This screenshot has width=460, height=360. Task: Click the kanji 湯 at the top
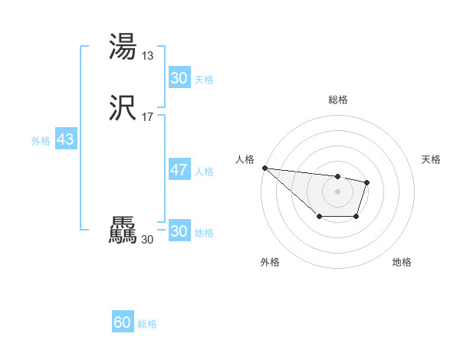[123, 47]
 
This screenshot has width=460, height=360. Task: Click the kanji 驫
[123, 231]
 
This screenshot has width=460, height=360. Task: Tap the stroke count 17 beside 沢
[148, 117]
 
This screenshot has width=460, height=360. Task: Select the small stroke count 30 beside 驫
[147, 239]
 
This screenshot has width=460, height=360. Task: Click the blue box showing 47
[179, 170]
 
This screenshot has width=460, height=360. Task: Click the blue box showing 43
[65, 140]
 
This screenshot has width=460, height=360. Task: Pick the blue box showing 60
[123, 322]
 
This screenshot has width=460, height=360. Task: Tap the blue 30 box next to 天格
[179, 78]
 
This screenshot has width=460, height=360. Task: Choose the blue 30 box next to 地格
[179, 231]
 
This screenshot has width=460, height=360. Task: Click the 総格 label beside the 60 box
[147, 324]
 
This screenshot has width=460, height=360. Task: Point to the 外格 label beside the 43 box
[41, 141]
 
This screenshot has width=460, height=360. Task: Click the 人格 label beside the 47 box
[205, 172]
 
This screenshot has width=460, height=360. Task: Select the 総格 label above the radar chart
[338, 100]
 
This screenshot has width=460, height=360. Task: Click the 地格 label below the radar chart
[402, 262]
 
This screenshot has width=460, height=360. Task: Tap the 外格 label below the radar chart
[270, 262]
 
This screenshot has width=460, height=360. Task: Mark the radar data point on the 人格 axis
[264, 168]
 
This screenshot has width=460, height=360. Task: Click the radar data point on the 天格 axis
[367, 182]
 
